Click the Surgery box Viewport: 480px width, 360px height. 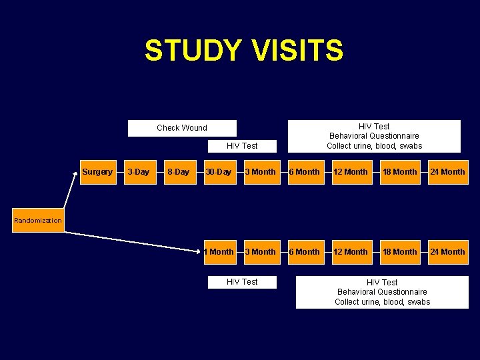pos(97,172)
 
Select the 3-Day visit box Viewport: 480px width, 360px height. pos(138,172)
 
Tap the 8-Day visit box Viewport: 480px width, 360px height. pos(178,172)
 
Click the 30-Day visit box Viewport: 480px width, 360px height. pos(219,172)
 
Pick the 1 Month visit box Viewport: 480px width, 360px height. pos(219,252)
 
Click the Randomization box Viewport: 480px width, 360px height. pos(38,221)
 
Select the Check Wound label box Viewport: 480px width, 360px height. pos(182,128)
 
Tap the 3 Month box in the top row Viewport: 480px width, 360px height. pos(260,172)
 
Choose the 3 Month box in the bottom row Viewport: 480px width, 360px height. pos(260,252)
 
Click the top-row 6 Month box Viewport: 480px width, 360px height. pos(304,172)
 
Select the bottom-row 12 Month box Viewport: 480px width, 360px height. pos(351,252)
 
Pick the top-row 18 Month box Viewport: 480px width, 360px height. pos(401,172)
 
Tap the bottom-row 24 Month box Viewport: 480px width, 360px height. pos(448,252)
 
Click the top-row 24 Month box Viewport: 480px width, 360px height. pos(448,172)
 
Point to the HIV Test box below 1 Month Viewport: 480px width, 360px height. pos(242,282)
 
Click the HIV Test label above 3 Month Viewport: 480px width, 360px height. pos(242,145)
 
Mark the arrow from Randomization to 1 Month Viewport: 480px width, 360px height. pos(133,241)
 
